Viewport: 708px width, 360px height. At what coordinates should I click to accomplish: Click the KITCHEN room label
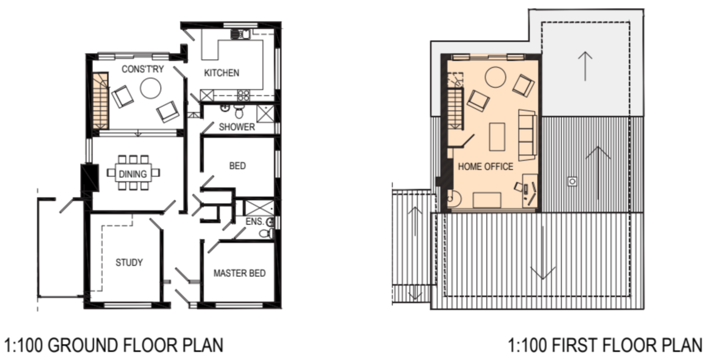[x=221, y=73]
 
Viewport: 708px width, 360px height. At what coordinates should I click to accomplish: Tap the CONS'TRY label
[x=143, y=69]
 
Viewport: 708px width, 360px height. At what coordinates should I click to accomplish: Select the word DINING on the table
[x=133, y=174]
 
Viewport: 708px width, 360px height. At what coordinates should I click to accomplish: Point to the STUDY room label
[x=129, y=262]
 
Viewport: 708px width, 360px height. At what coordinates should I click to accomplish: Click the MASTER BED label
[x=240, y=273]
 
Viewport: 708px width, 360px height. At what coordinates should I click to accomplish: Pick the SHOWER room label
[x=237, y=127]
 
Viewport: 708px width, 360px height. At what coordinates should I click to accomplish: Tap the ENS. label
[x=255, y=221]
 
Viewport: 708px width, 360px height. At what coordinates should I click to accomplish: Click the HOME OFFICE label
[x=485, y=166]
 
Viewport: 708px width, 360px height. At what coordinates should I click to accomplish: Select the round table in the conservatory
[x=151, y=88]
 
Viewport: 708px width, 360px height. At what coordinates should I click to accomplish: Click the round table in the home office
[x=495, y=77]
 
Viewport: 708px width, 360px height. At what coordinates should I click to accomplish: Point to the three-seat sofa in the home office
[x=527, y=135]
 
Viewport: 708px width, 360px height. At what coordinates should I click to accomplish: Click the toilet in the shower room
[x=239, y=111]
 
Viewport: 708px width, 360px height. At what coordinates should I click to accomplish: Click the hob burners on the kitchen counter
[x=243, y=95]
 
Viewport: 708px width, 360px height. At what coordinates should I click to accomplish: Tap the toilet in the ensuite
[x=266, y=233]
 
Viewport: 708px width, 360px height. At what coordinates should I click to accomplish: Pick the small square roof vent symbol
[x=572, y=181]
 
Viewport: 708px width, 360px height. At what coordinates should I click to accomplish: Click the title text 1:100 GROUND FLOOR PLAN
[x=114, y=345]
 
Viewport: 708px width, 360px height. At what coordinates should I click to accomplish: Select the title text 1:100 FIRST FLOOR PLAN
[x=605, y=345]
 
